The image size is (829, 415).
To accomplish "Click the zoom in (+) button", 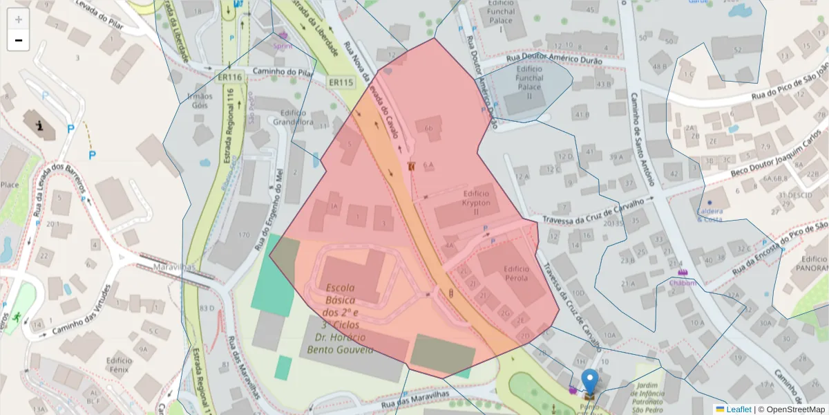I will (19, 19).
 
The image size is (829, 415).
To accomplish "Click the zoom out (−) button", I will (19, 40).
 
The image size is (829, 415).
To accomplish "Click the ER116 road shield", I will (229, 77).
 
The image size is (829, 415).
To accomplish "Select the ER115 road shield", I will (341, 82).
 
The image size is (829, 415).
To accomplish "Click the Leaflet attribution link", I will (739, 409).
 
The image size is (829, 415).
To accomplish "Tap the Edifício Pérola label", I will (516, 273).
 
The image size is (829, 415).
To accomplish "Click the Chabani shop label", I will (682, 282).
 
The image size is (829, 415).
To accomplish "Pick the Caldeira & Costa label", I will (710, 215).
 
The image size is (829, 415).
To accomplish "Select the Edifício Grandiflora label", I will (294, 118).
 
